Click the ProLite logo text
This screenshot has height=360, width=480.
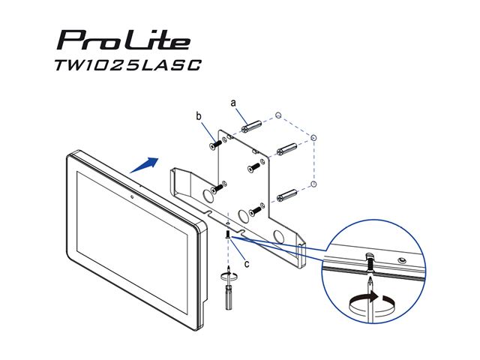[124, 40]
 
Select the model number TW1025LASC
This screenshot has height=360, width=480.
[128, 65]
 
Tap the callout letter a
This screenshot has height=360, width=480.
[233, 103]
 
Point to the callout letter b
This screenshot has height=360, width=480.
[199, 116]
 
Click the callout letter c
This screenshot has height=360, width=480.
[247, 263]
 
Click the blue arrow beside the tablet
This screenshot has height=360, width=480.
[144, 165]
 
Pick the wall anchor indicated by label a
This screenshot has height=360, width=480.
[251, 127]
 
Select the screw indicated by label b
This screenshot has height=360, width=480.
[215, 145]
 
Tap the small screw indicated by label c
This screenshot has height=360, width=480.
[228, 235]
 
